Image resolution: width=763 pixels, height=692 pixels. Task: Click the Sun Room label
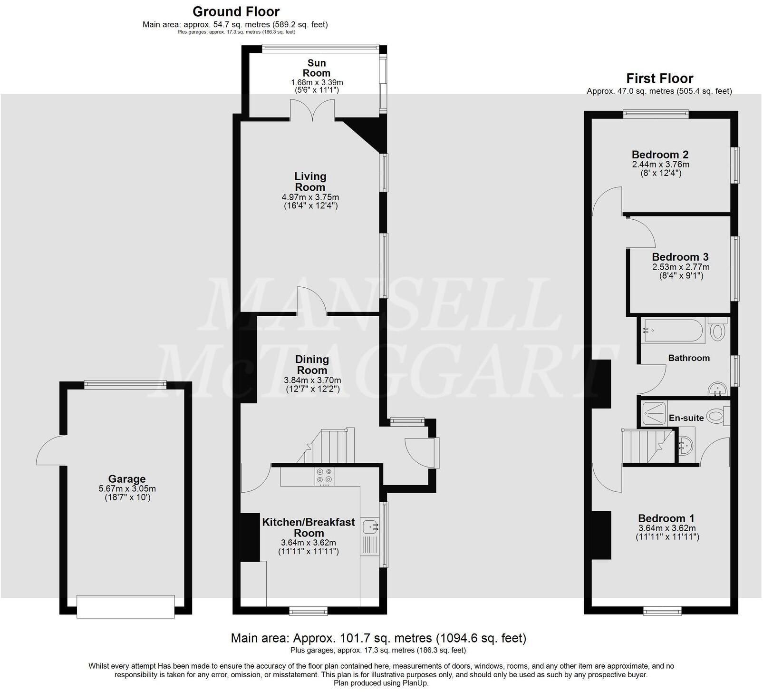(316, 68)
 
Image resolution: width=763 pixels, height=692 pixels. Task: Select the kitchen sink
(370, 526)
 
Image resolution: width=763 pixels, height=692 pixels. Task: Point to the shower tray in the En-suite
(654, 413)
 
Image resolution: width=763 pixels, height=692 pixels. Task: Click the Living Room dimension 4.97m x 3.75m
(310, 197)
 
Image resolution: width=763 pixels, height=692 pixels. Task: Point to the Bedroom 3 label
(680, 257)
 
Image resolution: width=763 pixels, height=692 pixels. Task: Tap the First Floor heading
(659, 78)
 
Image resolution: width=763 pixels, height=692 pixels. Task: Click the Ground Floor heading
(236, 11)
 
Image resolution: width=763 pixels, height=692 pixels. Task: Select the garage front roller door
(126, 606)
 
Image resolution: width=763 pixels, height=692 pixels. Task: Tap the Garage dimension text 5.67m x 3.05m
(126, 488)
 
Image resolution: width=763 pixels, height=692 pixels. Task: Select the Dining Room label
(312, 365)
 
